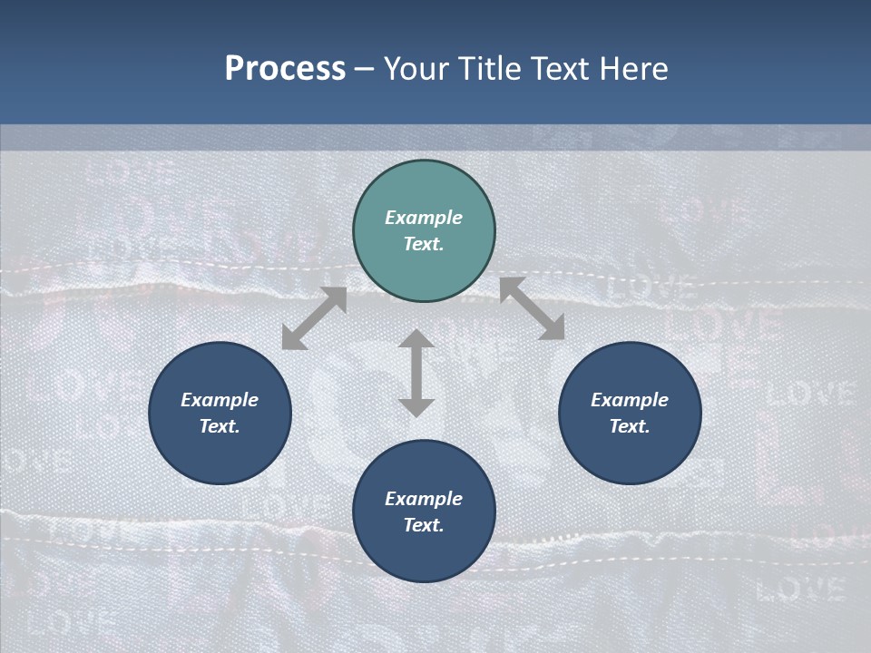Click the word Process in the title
(x=285, y=69)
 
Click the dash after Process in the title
(x=365, y=70)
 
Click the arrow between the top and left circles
(x=314, y=318)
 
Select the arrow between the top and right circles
(x=532, y=309)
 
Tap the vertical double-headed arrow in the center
(x=416, y=373)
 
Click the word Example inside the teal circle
(x=424, y=218)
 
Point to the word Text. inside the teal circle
(x=424, y=244)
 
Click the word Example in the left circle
(x=220, y=400)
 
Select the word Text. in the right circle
(x=630, y=426)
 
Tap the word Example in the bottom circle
(x=424, y=499)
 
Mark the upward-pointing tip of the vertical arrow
(x=416, y=335)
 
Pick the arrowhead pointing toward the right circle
(x=554, y=331)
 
